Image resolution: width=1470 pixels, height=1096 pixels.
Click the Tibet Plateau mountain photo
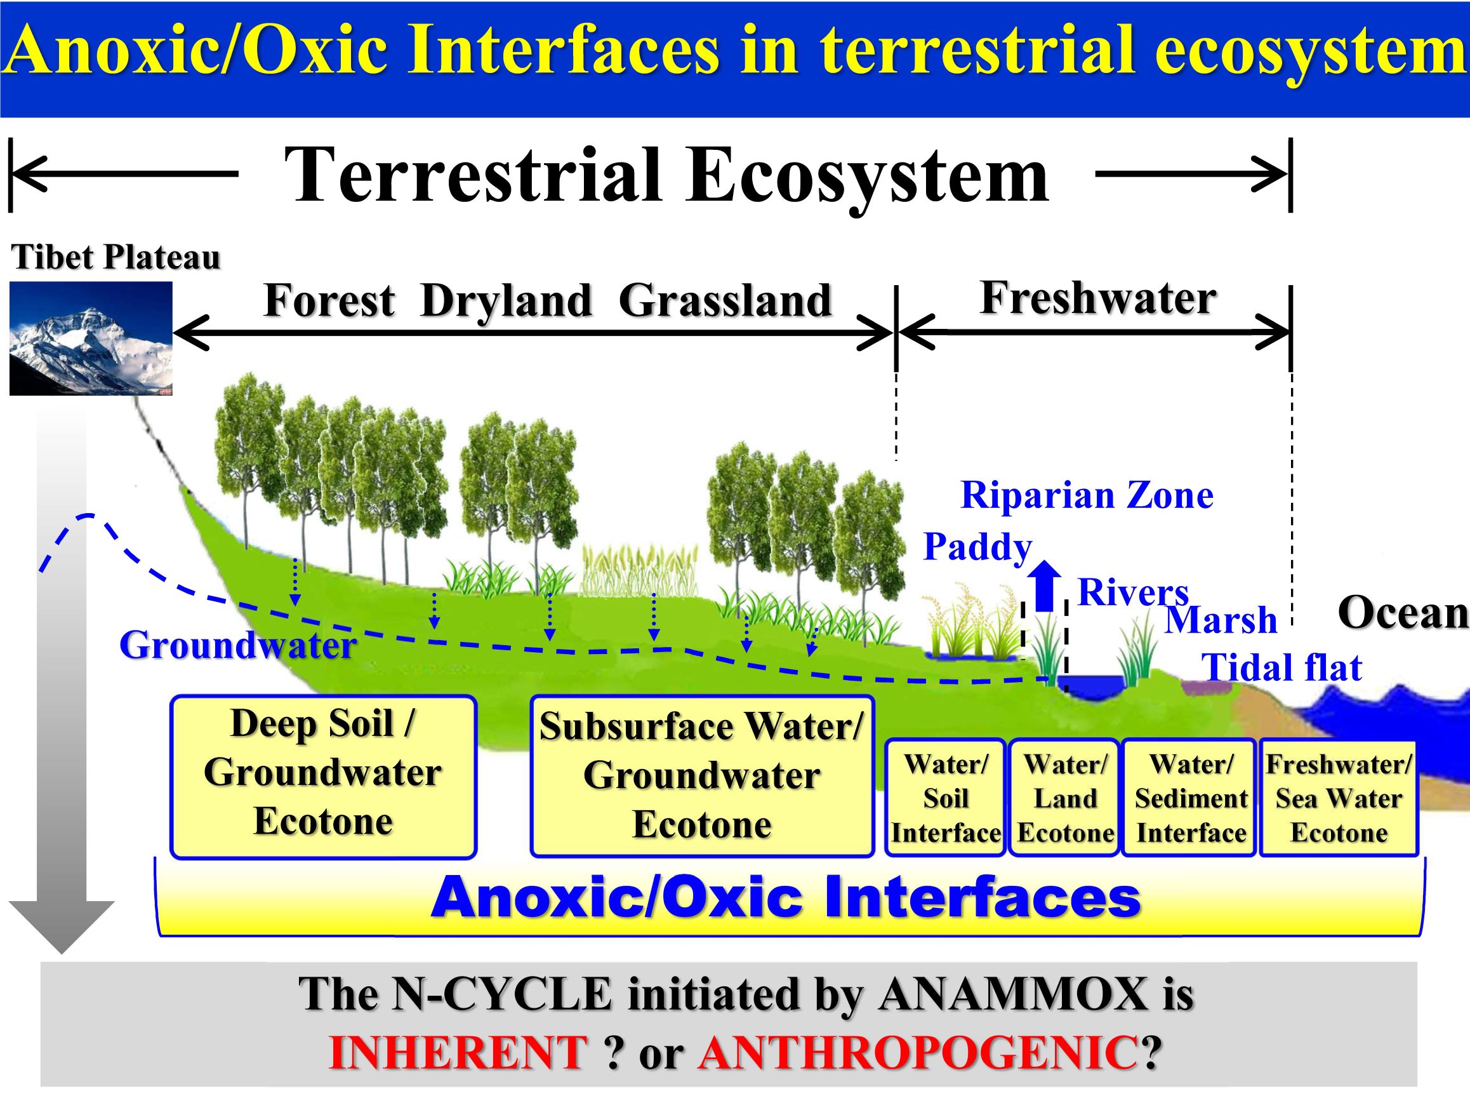tap(91, 338)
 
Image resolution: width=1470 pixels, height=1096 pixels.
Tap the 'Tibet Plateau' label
tap(116, 257)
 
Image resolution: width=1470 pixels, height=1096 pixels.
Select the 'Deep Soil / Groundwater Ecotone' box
tap(324, 777)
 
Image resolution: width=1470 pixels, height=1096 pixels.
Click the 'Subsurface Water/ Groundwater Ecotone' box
tap(702, 776)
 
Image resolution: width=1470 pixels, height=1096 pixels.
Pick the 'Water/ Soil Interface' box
tap(946, 798)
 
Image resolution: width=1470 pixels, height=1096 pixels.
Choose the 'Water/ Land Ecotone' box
tap(1065, 798)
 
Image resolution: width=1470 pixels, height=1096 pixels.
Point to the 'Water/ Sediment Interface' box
tap(1190, 798)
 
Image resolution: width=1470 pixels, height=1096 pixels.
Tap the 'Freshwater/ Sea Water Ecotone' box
tap(1339, 798)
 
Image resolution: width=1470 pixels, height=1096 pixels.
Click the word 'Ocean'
tap(1403, 612)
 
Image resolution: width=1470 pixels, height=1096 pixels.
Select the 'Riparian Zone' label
tap(1087, 495)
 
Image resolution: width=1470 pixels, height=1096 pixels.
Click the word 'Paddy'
tap(978, 548)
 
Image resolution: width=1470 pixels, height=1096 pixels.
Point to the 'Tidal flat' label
tap(1281, 667)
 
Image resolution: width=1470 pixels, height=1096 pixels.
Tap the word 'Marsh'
tap(1221, 620)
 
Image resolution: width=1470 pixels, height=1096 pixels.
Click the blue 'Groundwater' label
tap(237, 645)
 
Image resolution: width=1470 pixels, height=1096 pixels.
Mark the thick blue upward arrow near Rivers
tap(1044, 586)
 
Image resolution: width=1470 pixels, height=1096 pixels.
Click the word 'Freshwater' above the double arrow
tap(1098, 298)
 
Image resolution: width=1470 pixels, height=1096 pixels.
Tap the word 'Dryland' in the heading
tap(506, 300)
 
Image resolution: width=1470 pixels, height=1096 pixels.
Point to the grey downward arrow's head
tap(62, 928)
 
